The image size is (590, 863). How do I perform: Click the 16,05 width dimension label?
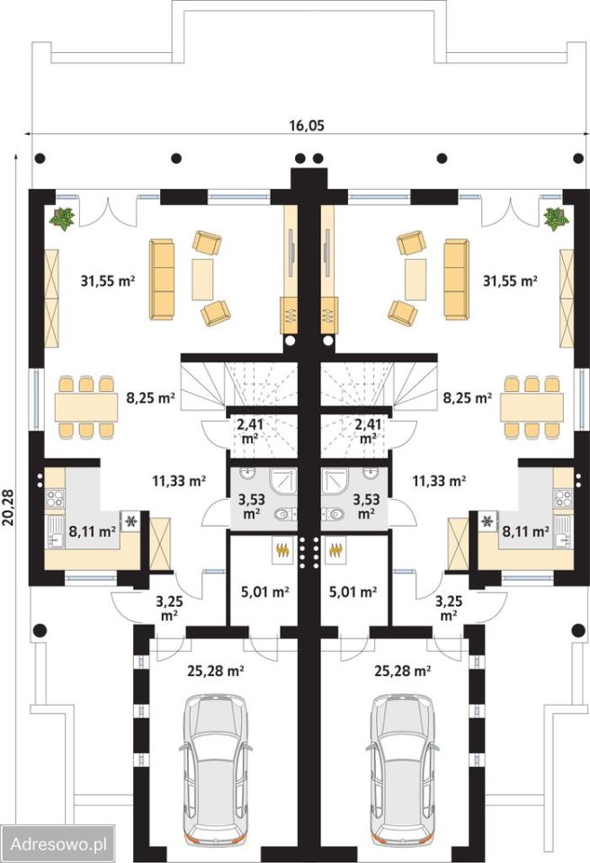307,126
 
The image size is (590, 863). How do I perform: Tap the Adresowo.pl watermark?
58,843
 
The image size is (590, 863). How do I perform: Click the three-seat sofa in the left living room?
161,279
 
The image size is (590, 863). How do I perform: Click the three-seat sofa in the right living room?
457,279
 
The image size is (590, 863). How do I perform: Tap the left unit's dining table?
86,407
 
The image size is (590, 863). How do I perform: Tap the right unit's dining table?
532,407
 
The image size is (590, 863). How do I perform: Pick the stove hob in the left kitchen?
55,499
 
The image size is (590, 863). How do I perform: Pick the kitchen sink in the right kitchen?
563,531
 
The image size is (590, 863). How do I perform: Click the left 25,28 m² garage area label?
216,671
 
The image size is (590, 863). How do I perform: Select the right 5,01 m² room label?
353,592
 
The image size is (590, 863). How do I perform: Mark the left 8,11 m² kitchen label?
92,531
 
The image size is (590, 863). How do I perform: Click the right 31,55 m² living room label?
510,280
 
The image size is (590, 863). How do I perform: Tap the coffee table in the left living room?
202,280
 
